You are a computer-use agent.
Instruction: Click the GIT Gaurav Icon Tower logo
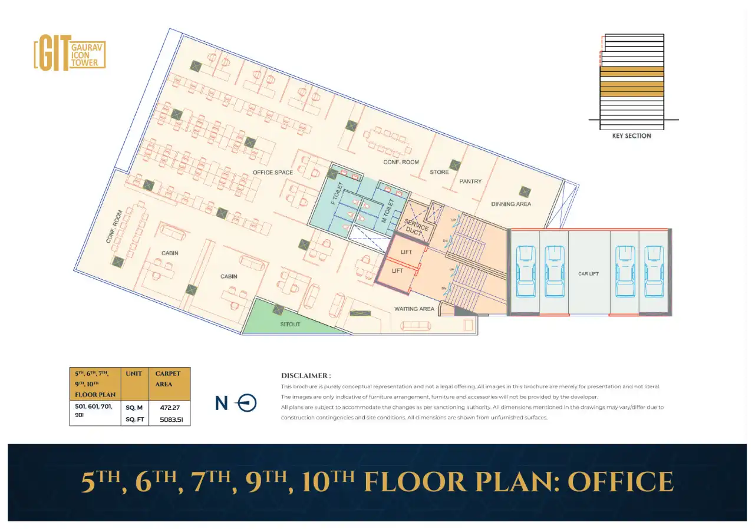pyautogui.click(x=70, y=53)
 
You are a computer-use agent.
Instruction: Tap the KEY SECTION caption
pyautogui.click(x=632, y=136)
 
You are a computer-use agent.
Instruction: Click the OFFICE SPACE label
pyautogui.click(x=273, y=173)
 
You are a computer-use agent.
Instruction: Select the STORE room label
pyautogui.click(x=439, y=172)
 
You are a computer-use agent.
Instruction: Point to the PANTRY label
pyautogui.click(x=470, y=181)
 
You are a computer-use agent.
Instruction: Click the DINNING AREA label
pyautogui.click(x=511, y=204)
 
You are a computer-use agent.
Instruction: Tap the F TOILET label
pyautogui.click(x=337, y=193)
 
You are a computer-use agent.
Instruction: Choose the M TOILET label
pyautogui.click(x=388, y=210)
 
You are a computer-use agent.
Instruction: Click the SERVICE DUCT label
pyautogui.click(x=416, y=227)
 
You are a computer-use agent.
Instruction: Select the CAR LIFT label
pyautogui.click(x=588, y=274)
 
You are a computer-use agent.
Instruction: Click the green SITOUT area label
pyautogui.click(x=290, y=325)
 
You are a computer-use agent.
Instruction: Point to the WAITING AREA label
pyautogui.click(x=414, y=309)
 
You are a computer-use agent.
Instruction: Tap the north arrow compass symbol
pyautogui.click(x=247, y=403)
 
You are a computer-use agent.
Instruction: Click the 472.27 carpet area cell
pyautogui.click(x=170, y=408)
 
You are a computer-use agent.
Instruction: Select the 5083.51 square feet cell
pyautogui.click(x=172, y=420)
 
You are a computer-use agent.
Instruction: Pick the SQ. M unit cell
pyautogui.click(x=134, y=408)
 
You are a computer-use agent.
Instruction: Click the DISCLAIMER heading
pyautogui.click(x=306, y=376)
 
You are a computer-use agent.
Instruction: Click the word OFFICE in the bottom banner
pyautogui.click(x=621, y=482)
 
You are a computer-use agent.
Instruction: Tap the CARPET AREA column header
pyautogui.click(x=167, y=379)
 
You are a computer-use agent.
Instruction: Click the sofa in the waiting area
pyautogui.click(x=416, y=326)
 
